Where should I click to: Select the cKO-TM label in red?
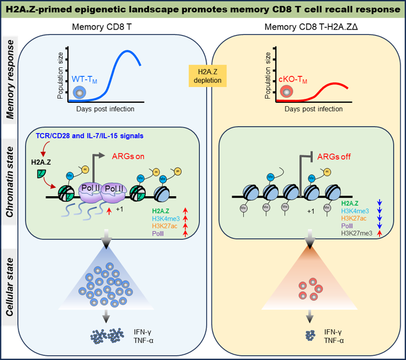click(293, 80)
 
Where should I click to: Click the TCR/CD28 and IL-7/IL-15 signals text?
click(90, 136)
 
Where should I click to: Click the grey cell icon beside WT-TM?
click(80, 93)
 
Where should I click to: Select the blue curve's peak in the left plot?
click(127, 51)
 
